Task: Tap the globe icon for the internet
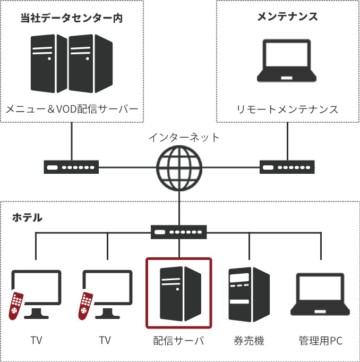click(x=179, y=167)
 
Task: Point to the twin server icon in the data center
click(x=71, y=63)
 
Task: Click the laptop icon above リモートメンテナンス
click(x=287, y=61)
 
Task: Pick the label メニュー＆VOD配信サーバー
click(x=72, y=110)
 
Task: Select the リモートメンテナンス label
click(x=287, y=110)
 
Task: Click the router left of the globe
click(x=71, y=168)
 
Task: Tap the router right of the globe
click(x=287, y=168)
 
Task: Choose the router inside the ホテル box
click(x=179, y=232)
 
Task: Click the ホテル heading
click(x=27, y=217)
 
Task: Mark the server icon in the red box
click(x=180, y=294)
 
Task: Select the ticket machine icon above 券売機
click(x=248, y=294)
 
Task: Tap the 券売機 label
click(x=248, y=341)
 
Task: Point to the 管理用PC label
click(x=320, y=341)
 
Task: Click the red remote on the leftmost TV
click(x=16, y=306)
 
